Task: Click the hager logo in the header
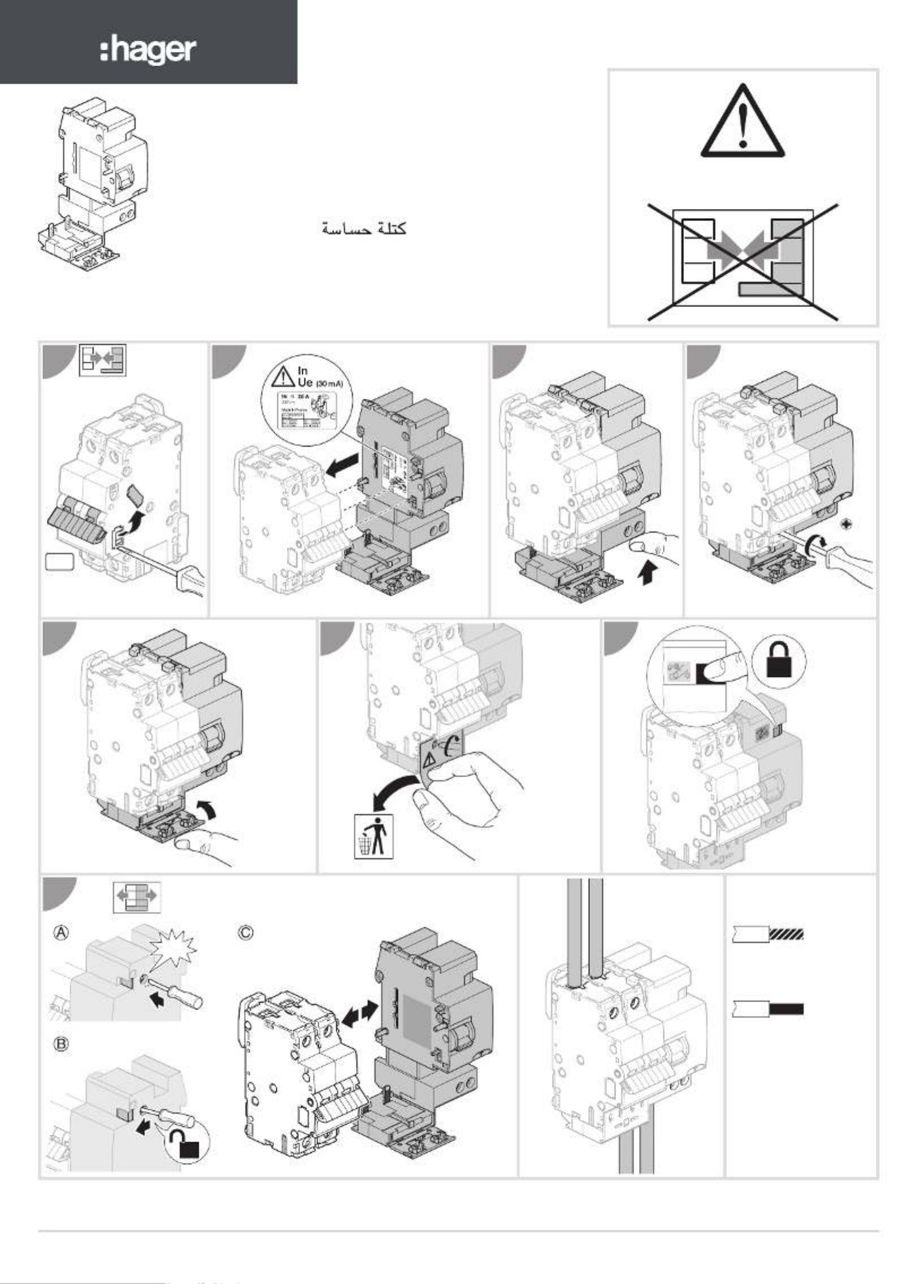click(x=148, y=51)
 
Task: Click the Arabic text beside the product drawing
click(x=364, y=229)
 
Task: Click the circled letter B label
click(x=61, y=1044)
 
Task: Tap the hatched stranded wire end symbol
click(x=786, y=934)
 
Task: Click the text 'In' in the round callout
click(x=303, y=371)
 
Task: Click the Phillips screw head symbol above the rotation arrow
click(x=846, y=525)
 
